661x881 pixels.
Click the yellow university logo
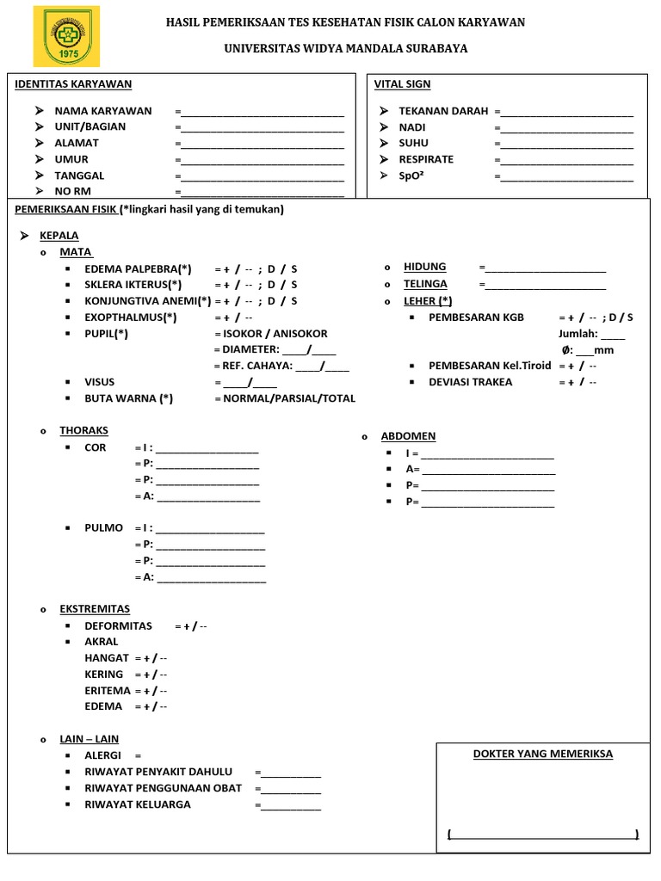click(x=66, y=36)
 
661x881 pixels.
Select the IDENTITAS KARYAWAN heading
click(x=73, y=83)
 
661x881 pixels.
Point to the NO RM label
click(x=73, y=191)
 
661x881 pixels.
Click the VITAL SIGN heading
click(x=402, y=83)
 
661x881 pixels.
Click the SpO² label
click(x=413, y=176)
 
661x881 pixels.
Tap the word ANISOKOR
click(x=300, y=333)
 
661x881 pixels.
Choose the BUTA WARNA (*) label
click(x=128, y=398)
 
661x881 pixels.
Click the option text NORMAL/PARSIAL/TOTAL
click(x=288, y=398)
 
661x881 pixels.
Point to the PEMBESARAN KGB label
click(x=476, y=317)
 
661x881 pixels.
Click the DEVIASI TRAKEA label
click(x=470, y=382)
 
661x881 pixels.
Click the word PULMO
click(x=103, y=527)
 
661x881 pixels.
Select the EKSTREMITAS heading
click(x=95, y=608)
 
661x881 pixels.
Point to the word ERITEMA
click(x=108, y=690)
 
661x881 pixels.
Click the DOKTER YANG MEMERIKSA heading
click(x=543, y=754)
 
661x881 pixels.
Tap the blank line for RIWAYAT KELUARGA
click(x=291, y=807)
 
